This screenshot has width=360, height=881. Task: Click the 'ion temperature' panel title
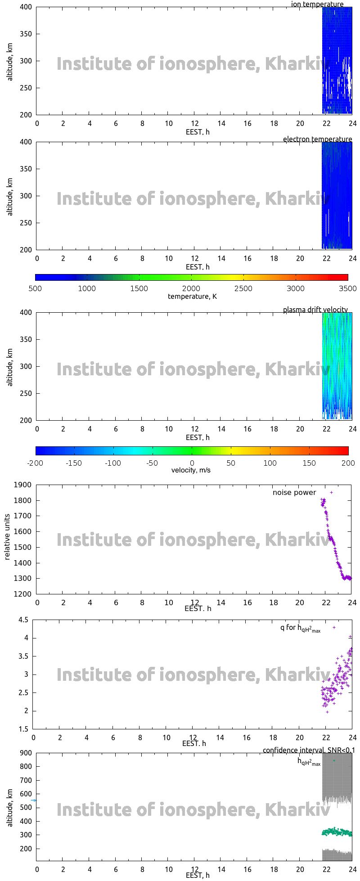pyautogui.click(x=317, y=4)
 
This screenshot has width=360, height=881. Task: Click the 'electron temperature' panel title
pyautogui.click(x=317, y=139)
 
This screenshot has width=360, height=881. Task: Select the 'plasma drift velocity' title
pyautogui.click(x=315, y=310)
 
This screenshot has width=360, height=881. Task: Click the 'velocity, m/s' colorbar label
pyautogui.click(x=191, y=471)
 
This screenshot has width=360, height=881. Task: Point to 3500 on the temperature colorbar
pyautogui.click(x=347, y=289)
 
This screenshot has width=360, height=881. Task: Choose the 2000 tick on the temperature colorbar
pyautogui.click(x=191, y=289)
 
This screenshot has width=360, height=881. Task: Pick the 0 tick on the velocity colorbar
pyautogui.click(x=192, y=463)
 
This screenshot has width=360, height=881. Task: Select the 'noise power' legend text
pyautogui.click(x=294, y=493)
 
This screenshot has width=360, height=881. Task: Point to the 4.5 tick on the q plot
pyautogui.click(x=23, y=620)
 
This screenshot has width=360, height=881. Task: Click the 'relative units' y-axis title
pyautogui.click(x=7, y=539)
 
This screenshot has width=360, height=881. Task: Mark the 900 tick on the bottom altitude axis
pyautogui.click(x=26, y=753)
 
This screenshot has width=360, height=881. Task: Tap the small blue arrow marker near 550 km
pyautogui.click(x=33, y=800)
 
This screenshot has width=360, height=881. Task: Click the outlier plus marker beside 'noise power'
pyautogui.click(x=332, y=493)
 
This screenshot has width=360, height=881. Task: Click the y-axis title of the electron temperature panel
pyautogui.click(x=10, y=196)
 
